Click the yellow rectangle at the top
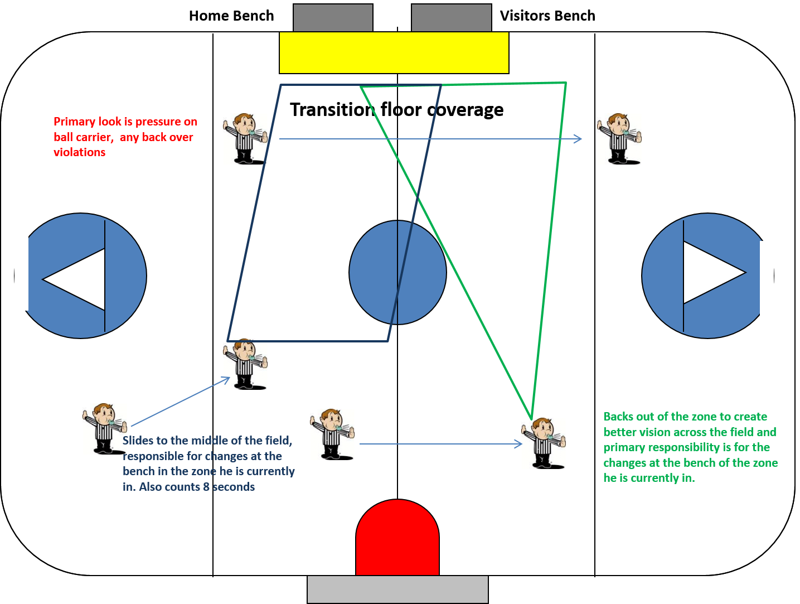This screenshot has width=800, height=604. click(x=394, y=52)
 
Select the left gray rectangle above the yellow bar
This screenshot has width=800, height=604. click(x=333, y=18)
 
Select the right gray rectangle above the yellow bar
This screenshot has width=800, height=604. click(x=452, y=18)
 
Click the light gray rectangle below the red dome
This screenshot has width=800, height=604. click(x=397, y=589)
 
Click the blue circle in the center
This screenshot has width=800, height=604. click(x=397, y=273)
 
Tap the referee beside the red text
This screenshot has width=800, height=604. click(x=245, y=139)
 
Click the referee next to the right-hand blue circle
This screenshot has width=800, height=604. click(x=619, y=139)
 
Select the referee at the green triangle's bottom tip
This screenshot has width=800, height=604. click(x=544, y=443)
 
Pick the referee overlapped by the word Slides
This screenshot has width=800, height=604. click(x=104, y=428)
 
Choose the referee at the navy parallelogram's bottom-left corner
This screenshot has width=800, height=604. click(x=245, y=364)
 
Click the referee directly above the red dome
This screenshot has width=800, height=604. click(x=332, y=434)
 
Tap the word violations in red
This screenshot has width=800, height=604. click(x=79, y=152)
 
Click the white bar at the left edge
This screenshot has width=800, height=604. click(x=21, y=272)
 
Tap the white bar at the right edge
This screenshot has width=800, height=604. click(x=767, y=279)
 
